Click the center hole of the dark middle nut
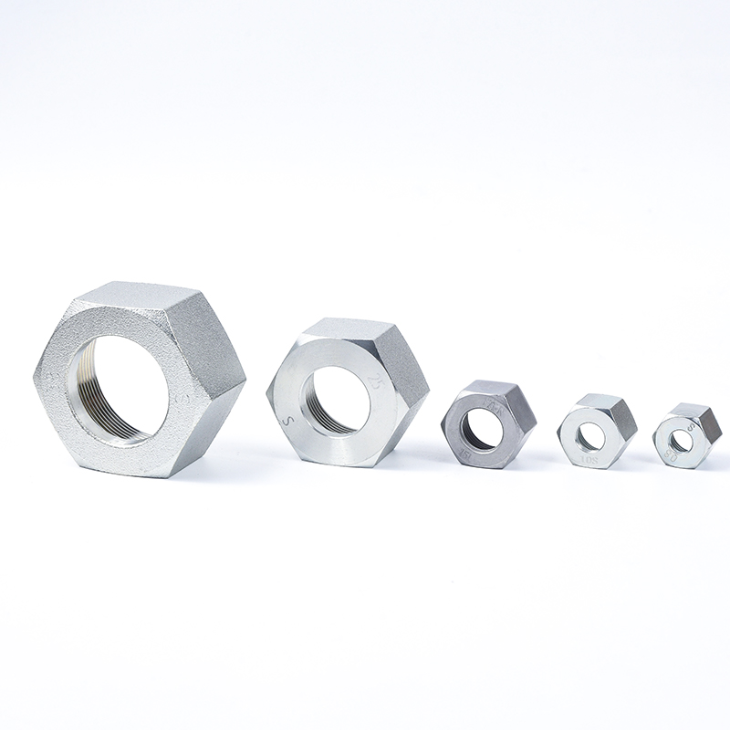[x=481, y=430]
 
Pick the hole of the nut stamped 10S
[x=590, y=437]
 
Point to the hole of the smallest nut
[x=679, y=440]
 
